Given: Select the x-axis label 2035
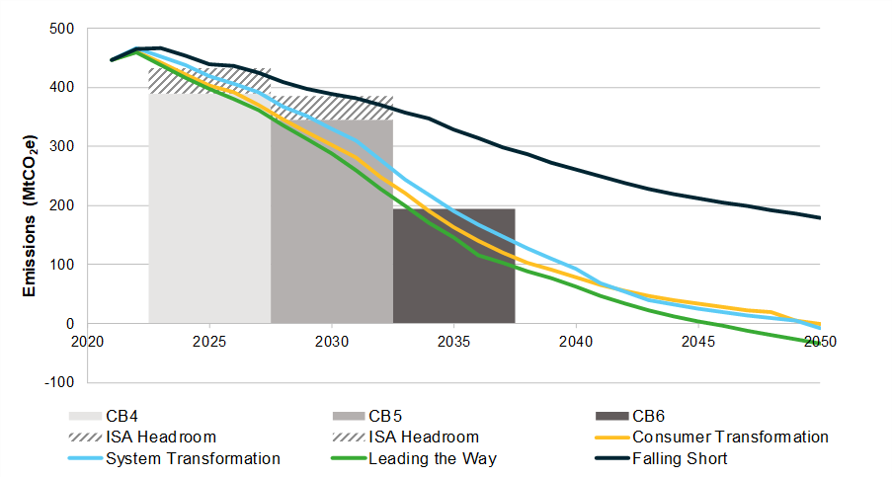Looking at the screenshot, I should pyautogui.click(x=453, y=342).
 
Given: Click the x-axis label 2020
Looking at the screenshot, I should pyautogui.click(x=87, y=342).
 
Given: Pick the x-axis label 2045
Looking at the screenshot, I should pyautogui.click(x=697, y=342).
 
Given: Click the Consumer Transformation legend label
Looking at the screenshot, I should pyautogui.click(x=730, y=437).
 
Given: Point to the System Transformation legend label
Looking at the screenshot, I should pyautogui.click(x=192, y=458).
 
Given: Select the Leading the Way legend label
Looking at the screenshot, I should pyautogui.click(x=435, y=458).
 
